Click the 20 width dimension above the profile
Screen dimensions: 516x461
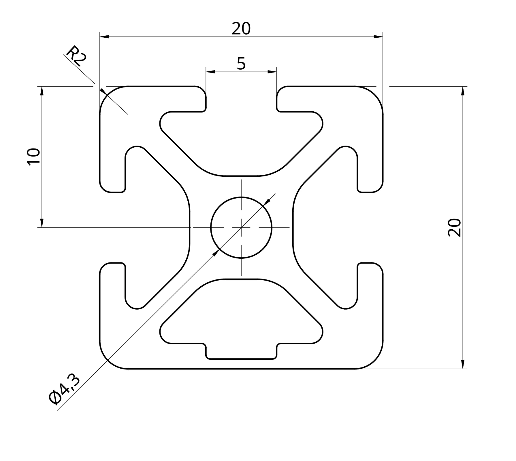coord(241,28)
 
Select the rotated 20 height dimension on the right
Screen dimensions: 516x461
coord(455,228)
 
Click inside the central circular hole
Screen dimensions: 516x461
coord(241,227)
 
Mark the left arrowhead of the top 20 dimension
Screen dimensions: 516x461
coord(104,37)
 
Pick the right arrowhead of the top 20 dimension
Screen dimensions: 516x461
coord(378,37)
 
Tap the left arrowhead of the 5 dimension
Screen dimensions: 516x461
coord(210,72)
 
